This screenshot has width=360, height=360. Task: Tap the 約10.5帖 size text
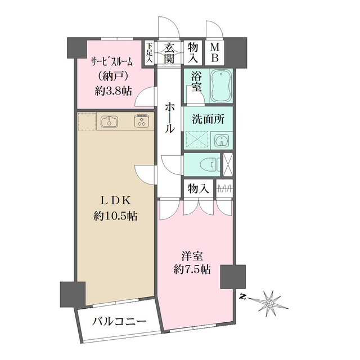(x=116, y=215)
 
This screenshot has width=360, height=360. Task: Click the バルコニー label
(x=119, y=322)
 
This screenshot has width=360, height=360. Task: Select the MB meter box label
(x=214, y=53)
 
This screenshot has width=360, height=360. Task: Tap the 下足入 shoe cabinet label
(x=150, y=53)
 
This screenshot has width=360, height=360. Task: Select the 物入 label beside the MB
(x=193, y=53)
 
